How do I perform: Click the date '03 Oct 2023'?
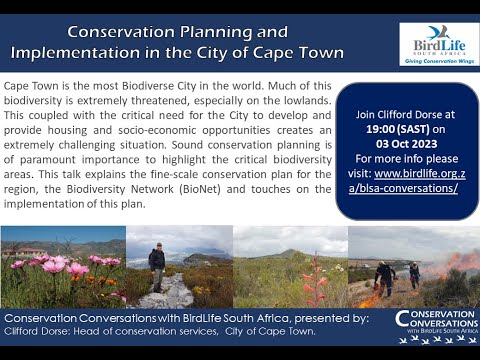point(407,144)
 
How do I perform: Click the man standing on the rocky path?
point(156,267)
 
